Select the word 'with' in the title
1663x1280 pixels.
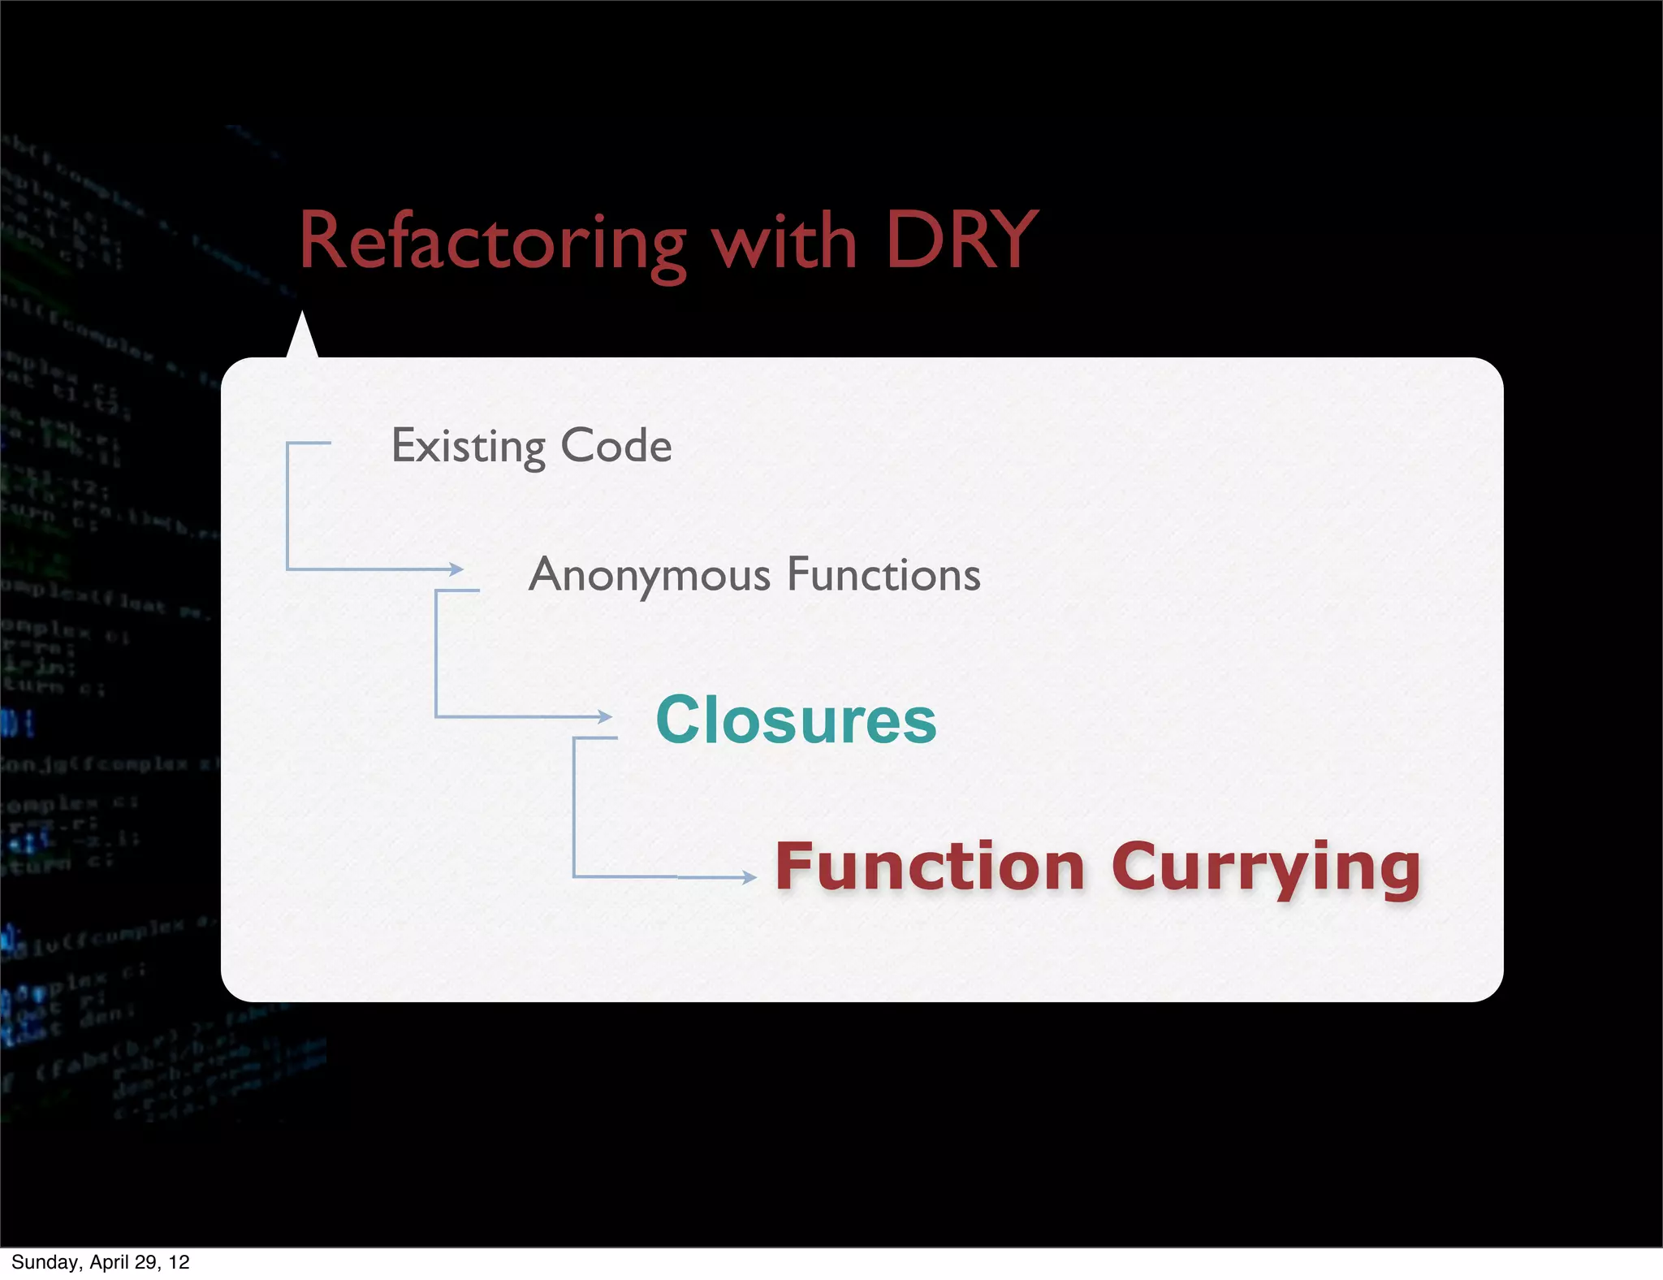[x=784, y=241]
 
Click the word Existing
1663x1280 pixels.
[x=469, y=446]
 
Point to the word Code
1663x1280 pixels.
[x=616, y=446]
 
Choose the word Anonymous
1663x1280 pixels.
[x=649, y=575]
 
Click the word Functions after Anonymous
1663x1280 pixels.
[x=883, y=575]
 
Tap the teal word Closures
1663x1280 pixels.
[x=796, y=720]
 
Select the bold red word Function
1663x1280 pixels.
[x=930, y=867]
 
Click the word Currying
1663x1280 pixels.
[x=1266, y=868]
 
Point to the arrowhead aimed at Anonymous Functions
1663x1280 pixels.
[x=457, y=569]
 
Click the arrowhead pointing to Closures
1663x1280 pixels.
[x=605, y=716]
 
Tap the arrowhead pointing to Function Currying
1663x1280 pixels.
[x=749, y=877]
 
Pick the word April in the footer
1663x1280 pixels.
[x=108, y=1262]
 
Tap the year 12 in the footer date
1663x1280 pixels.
[x=179, y=1262]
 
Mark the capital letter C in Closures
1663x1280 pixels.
[x=680, y=720]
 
